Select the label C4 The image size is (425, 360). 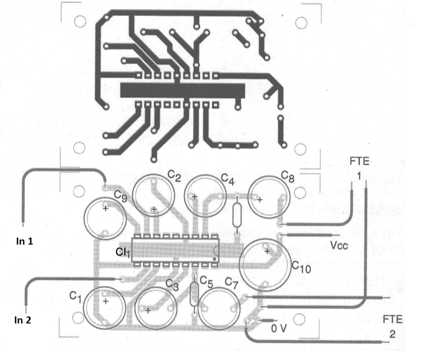coord(228,179)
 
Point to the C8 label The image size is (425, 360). coord(287,177)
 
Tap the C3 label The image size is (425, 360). coord(172,284)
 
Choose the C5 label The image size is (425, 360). coord(206,281)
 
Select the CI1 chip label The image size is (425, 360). coord(123,252)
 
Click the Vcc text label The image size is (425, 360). coord(339,246)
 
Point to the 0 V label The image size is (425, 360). coord(279,329)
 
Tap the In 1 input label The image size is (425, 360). coord(24,241)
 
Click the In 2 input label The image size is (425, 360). coord(23,320)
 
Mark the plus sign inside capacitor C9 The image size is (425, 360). coord(105,208)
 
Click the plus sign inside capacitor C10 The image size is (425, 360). coord(267,251)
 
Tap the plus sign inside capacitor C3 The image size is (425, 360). coord(148,311)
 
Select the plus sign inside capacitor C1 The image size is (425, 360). coord(105,301)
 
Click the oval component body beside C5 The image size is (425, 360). coord(194,294)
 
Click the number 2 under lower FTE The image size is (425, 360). coord(392,334)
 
